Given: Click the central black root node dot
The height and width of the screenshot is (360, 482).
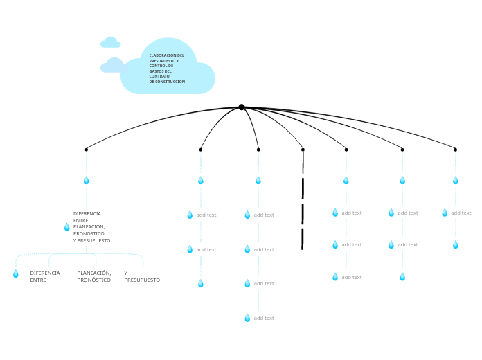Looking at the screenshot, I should point(241,107).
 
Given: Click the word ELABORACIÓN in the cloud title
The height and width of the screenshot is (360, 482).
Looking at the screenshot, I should point(163,55).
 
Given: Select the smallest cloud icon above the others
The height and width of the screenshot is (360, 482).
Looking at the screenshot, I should point(110,43).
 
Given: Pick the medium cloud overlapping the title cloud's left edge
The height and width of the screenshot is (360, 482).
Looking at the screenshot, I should point(114,66).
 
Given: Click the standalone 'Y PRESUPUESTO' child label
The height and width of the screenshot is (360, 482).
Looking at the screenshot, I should point(141,276).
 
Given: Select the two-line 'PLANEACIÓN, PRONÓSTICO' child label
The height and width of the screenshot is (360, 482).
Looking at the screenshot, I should point(94,276).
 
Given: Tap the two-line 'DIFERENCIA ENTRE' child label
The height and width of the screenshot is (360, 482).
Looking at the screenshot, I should point(44,276).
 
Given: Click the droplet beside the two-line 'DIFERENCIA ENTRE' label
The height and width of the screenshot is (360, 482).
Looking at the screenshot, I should point(15,274).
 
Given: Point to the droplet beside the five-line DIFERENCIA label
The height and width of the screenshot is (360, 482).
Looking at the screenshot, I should point(66,227).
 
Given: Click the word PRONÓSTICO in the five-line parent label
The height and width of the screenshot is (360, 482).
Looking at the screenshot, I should point(89,234).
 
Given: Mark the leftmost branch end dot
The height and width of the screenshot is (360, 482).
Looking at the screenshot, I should point(86,150).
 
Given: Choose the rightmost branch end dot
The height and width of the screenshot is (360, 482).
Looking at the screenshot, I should point(455,150).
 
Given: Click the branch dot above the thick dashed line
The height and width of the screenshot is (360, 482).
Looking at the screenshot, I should point(303,150).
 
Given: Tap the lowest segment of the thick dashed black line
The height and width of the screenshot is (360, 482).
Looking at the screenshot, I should point(303,240).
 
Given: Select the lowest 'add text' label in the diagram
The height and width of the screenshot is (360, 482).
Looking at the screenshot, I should point(264,318).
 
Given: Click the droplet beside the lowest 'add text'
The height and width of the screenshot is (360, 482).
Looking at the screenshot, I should point(247,318).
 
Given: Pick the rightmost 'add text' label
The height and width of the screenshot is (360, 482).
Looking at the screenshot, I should point(461,213).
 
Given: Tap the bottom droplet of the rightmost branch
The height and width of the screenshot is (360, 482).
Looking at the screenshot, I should point(455,245).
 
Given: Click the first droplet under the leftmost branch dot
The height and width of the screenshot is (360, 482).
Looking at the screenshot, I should point(86,181).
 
